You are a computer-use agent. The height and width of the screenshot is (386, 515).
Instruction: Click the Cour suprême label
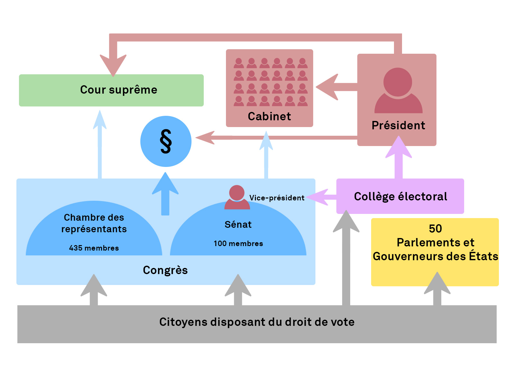point(118,90)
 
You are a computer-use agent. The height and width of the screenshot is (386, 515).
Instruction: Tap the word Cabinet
point(269,116)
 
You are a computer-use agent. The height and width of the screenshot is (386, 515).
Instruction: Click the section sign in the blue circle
point(166,142)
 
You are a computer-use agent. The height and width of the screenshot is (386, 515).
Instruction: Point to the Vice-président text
point(277,198)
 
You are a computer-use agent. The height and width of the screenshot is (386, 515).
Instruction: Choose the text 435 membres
point(94,248)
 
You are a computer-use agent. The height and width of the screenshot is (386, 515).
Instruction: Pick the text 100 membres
point(238,244)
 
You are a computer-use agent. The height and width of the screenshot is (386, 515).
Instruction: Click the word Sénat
point(238,225)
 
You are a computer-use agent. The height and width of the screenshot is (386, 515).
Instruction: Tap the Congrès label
point(165,270)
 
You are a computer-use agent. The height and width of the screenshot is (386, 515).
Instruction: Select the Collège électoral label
point(400,197)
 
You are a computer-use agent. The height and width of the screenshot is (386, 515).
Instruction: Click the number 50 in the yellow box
point(435,229)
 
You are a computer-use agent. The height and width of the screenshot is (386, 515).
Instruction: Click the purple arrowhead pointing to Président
point(398,148)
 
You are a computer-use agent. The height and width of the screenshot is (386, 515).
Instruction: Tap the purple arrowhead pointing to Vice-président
point(317,197)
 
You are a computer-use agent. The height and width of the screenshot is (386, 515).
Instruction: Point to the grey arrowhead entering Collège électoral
point(346,222)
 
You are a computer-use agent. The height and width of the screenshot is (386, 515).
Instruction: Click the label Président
point(398,125)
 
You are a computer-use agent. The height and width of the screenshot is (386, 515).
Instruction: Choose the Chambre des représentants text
point(94,223)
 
